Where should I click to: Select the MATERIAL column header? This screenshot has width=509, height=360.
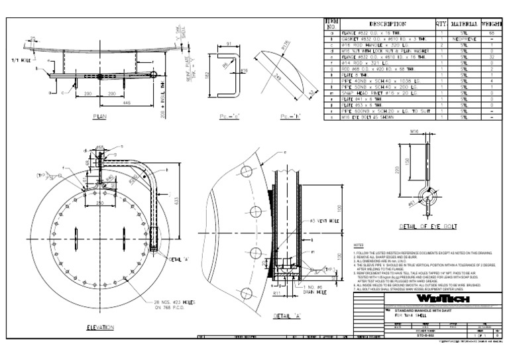(x=469, y=24)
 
